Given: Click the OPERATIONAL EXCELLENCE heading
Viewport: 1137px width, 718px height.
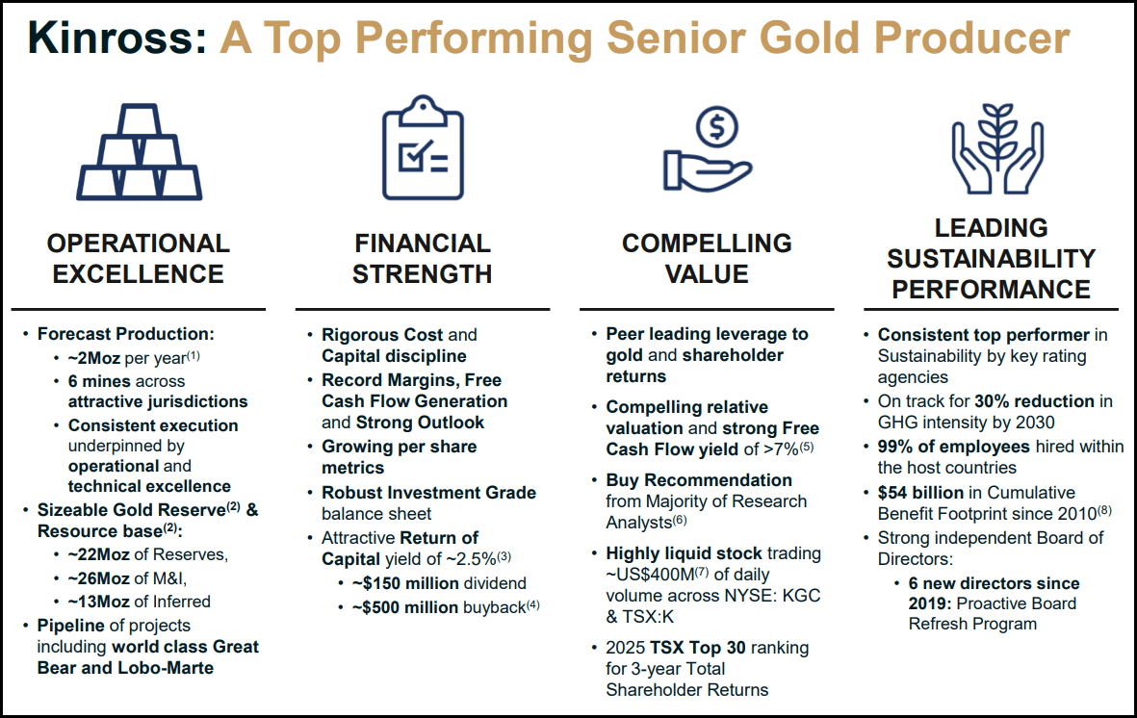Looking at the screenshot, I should pos(139,259).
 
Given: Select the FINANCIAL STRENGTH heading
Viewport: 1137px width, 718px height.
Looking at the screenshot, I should pos(422,259).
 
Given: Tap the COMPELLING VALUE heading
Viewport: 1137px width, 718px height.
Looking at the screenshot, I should pos(707,259).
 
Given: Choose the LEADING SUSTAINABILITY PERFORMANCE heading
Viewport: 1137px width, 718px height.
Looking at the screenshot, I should pos(991,258).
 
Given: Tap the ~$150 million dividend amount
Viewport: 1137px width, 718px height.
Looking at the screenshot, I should pos(402,583).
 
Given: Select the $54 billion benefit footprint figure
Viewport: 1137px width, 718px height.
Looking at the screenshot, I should pos(920,493).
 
